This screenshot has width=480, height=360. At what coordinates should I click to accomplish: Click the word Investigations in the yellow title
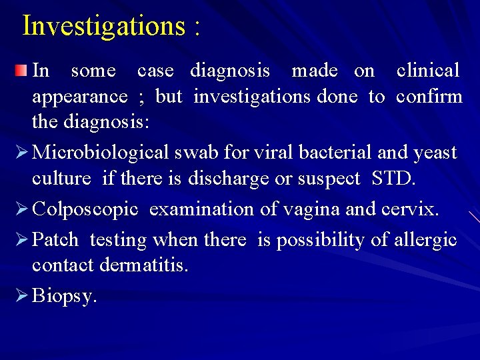pyautogui.click(x=103, y=26)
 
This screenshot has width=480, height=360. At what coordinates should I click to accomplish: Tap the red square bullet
pyautogui.click(x=23, y=70)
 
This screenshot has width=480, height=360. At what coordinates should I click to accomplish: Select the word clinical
pyautogui.click(x=427, y=70)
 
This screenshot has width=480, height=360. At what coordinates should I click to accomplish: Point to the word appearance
pyautogui.click(x=80, y=97)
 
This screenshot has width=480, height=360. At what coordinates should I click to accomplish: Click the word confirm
pyautogui.click(x=429, y=97)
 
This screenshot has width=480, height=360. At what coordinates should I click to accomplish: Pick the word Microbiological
pyautogui.click(x=101, y=153)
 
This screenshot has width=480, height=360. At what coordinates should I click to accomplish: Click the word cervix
pyautogui.click(x=409, y=210)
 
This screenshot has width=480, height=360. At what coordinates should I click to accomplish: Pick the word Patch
pyautogui.click(x=55, y=239)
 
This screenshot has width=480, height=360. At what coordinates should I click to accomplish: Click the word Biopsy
pyautogui.click(x=65, y=296)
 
